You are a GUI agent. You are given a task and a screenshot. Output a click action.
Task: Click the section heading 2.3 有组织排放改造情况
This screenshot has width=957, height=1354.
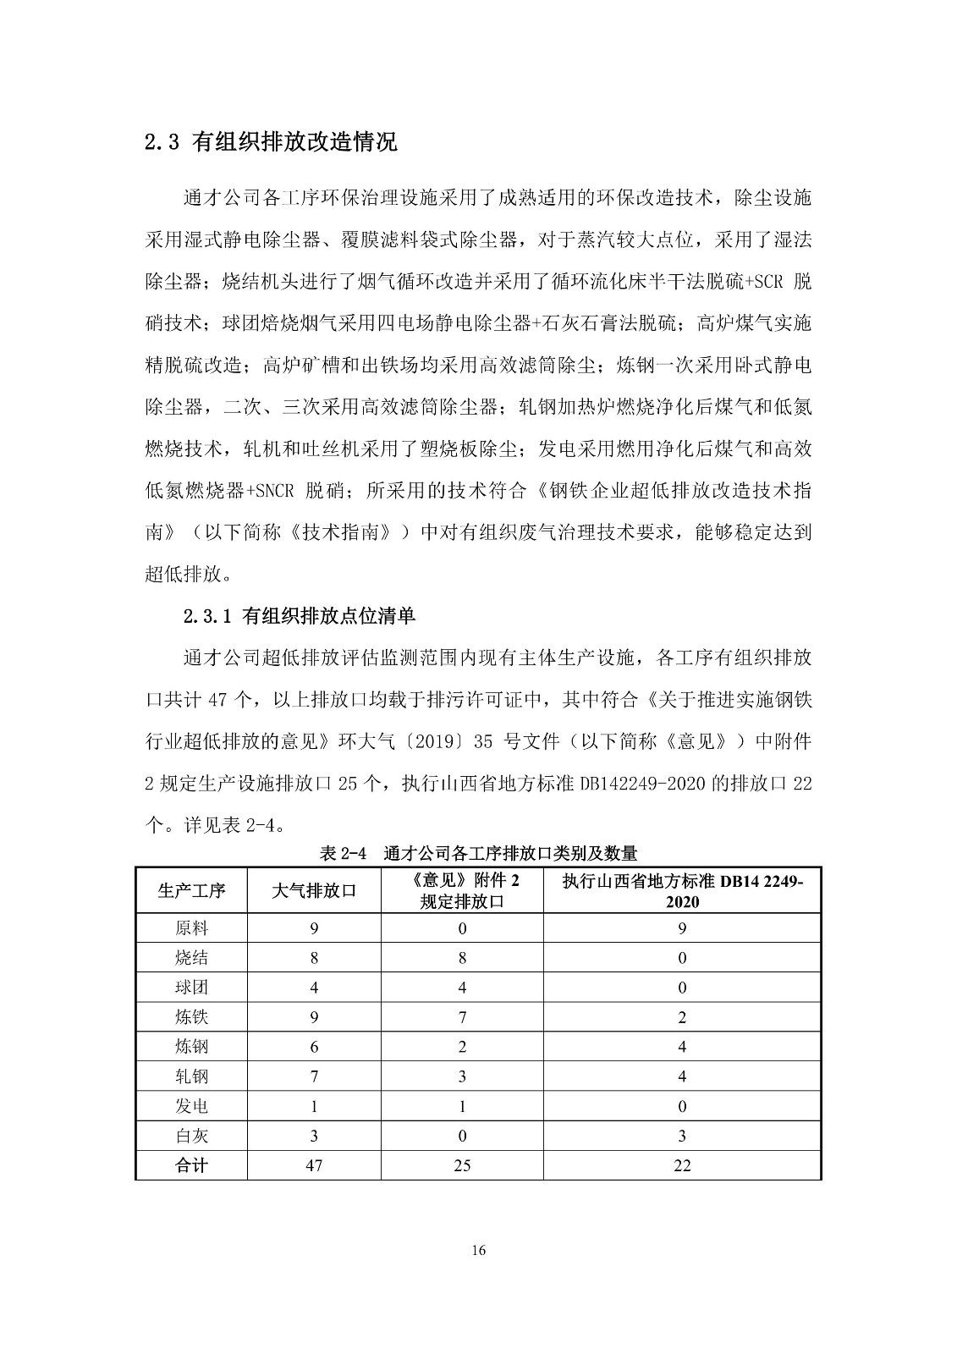point(271,141)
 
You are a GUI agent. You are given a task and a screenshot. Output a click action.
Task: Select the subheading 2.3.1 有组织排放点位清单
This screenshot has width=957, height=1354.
point(300,615)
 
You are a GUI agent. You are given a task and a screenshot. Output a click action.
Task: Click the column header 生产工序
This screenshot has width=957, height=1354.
point(191,890)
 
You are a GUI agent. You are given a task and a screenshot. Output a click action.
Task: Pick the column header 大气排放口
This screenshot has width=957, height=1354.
point(314,890)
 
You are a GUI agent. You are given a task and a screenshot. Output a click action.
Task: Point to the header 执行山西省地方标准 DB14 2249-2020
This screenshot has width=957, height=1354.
point(682,890)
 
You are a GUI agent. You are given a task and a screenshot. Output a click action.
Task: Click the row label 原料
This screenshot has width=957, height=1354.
point(191,928)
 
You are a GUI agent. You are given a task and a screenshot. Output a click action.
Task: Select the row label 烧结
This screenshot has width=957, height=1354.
point(191,958)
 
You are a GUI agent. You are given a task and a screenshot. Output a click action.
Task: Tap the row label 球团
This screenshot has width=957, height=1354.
point(191,988)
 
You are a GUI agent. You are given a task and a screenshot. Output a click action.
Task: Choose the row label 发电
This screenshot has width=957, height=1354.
point(191,1106)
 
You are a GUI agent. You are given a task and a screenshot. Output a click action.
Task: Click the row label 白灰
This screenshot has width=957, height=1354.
point(191,1136)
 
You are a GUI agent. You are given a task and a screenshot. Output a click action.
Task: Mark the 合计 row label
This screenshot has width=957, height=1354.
point(191,1165)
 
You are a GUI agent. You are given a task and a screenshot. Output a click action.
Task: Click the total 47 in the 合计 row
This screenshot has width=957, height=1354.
point(314,1165)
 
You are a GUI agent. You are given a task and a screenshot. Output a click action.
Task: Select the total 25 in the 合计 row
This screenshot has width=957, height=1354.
point(462,1165)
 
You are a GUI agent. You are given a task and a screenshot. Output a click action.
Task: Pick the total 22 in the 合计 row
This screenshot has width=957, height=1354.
point(682,1165)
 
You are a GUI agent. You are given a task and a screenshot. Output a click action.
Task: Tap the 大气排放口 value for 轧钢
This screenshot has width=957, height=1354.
point(314,1076)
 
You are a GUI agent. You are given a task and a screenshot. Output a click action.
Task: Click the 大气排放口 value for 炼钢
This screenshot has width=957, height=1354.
point(314,1047)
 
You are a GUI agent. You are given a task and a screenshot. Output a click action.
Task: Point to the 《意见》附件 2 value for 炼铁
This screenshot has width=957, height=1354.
point(462,1017)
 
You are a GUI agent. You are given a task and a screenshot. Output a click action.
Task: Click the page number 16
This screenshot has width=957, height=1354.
point(479,1252)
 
